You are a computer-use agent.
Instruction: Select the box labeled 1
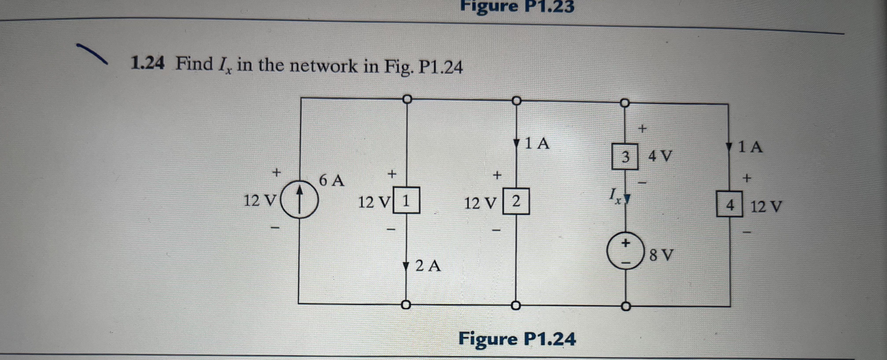(406, 200)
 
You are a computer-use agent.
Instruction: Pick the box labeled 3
(625, 157)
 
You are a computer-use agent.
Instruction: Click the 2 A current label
(428, 266)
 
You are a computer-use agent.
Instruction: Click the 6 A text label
(331, 181)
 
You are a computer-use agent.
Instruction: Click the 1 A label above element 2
(537, 143)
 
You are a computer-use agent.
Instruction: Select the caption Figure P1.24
(517, 339)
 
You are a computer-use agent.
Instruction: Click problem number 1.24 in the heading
(147, 64)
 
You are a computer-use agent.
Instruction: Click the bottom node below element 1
(406, 305)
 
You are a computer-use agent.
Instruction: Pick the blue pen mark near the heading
(92, 53)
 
